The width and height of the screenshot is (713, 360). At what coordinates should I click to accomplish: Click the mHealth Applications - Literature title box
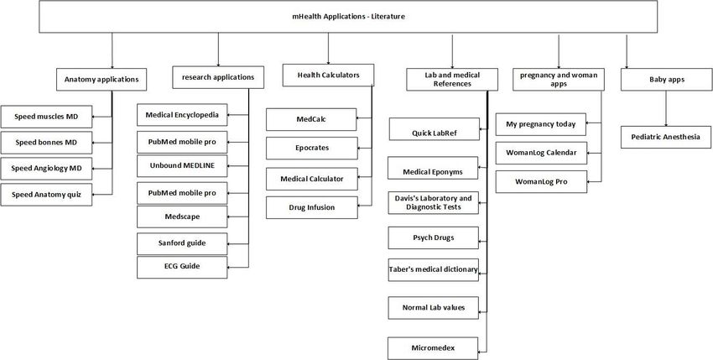coord(348,17)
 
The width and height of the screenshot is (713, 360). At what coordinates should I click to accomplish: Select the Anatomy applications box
coord(101,80)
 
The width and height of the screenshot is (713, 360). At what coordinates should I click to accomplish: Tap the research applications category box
coord(218,77)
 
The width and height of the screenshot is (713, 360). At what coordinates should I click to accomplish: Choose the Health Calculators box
coord(328,75)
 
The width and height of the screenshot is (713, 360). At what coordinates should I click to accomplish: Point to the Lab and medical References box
coord(452,80)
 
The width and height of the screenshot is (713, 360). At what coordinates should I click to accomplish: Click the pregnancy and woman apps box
coord(559,80)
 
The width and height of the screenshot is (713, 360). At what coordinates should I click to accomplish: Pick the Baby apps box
coord(667,80)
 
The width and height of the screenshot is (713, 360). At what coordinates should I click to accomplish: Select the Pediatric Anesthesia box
coord(666,137)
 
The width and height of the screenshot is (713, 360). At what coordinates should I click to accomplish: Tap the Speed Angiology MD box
coord(46,169)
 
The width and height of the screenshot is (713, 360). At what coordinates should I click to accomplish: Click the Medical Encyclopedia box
coord(182,115)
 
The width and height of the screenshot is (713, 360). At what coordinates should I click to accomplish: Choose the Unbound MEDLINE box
coord(182,166)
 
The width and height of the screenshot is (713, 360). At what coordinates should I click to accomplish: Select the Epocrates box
coord(312,149)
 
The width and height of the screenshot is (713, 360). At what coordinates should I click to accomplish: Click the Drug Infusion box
coord(312,207)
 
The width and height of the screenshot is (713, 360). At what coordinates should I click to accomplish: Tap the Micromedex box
coord(433,348)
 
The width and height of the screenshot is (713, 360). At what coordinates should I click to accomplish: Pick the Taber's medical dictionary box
coord(434,270)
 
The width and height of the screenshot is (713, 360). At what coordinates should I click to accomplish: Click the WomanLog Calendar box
coord(541,153)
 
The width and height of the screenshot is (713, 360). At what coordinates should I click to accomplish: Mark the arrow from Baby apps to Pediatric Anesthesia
coord(666,108)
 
